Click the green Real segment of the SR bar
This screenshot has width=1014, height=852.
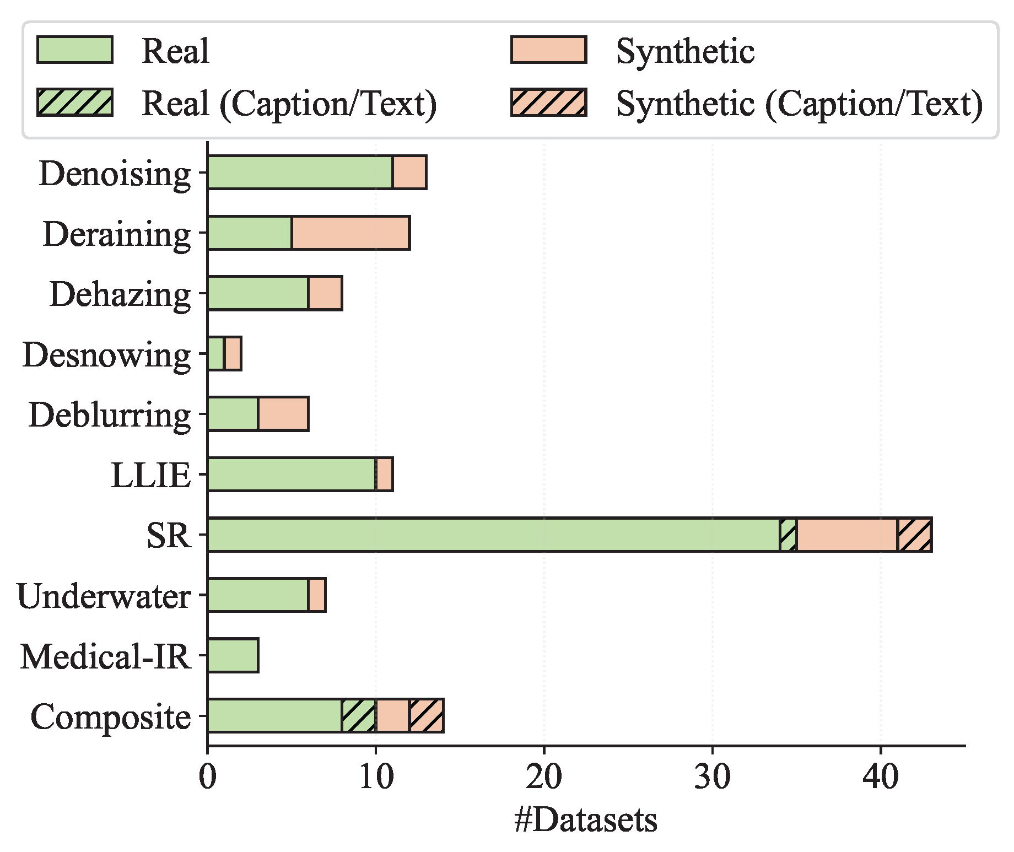point(493,535)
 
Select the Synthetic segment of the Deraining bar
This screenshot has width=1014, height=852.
point(350,233)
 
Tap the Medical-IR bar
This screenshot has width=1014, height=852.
point(233,655)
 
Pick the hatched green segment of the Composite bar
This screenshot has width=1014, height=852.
point(359,716)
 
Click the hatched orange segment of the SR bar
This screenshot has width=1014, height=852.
point(915,535)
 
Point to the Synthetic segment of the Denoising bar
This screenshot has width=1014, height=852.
point(409,172)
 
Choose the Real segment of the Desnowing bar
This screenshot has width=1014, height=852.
point(216,354)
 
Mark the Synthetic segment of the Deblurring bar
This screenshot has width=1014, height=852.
point(283,414)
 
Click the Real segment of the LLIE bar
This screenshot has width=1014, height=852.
point(292,474)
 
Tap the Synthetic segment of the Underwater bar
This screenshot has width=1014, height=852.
point(317,595)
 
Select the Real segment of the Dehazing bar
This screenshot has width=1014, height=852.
point(258,293)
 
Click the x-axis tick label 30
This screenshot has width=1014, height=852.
point(712,777)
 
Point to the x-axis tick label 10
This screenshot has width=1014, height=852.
point(376,777)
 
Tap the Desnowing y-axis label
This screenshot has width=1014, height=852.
point(106,354)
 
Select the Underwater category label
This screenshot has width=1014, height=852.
point(104,596)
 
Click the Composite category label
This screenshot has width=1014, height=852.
point(111,716)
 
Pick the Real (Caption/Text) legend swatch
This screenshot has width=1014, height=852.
point(75,103)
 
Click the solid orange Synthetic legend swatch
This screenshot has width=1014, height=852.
point(549,50)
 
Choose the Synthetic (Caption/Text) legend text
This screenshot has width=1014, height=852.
point(799,103)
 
